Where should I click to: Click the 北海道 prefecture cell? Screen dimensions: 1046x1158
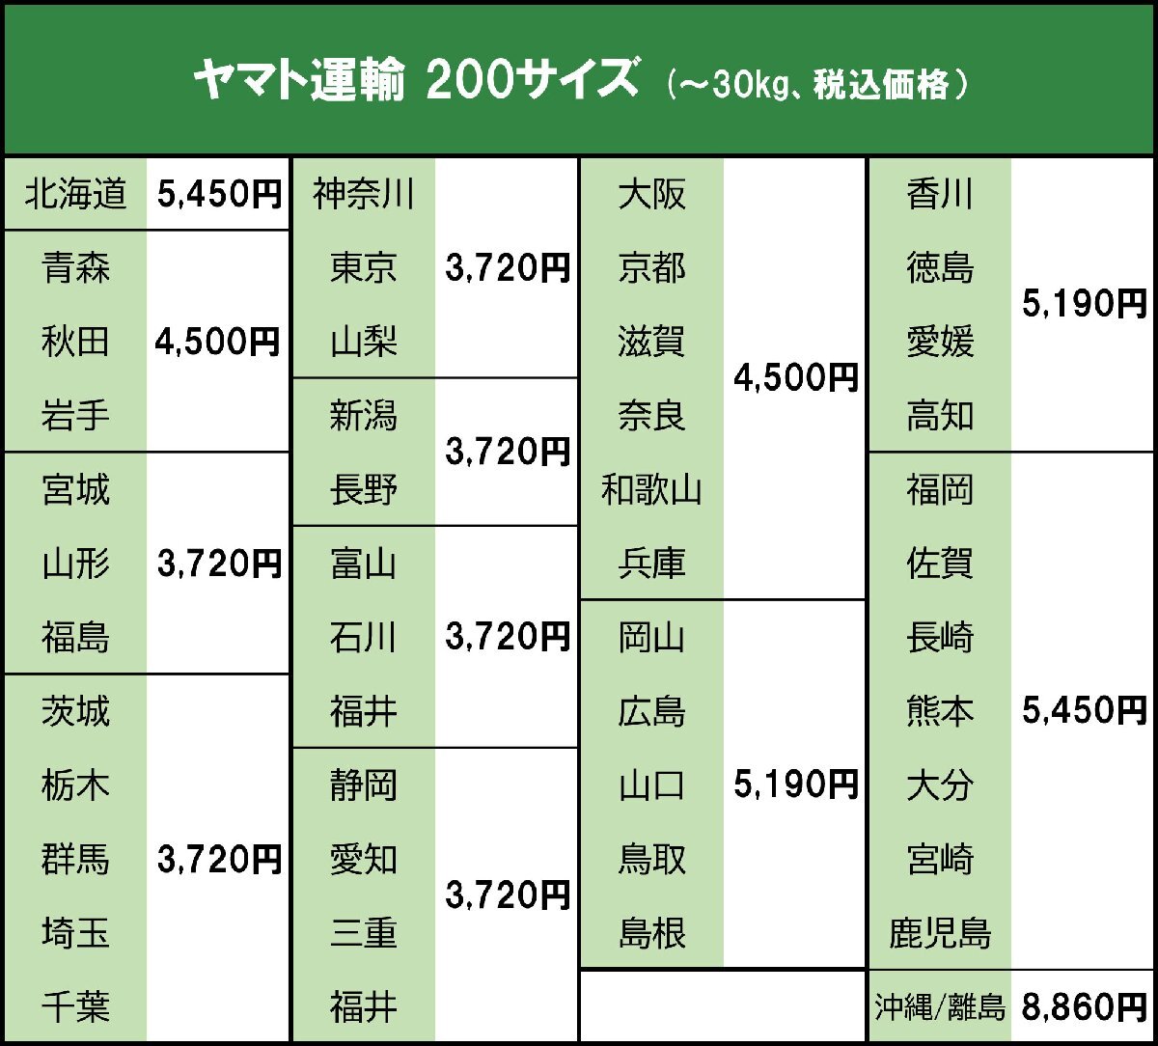[75, 195]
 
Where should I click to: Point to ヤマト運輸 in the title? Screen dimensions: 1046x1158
[298, 83]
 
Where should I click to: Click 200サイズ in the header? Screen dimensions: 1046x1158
[531, 83]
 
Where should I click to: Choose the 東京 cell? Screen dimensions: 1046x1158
[364, 268]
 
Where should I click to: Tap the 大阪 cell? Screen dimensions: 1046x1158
[652, 195]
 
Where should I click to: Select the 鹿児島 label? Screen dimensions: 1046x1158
[940, 933]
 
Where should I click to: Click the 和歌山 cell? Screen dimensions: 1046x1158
[652, 490]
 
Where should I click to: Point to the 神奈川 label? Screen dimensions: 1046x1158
[364, 195]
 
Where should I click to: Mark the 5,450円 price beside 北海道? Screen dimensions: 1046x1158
[218, 195]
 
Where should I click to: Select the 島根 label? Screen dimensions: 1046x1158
[652, 933]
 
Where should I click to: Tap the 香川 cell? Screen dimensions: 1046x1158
[940, 195]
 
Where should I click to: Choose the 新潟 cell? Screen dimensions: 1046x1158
[364, 416]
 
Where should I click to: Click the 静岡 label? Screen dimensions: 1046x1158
[364, 785]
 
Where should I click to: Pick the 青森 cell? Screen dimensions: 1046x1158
[75, 268]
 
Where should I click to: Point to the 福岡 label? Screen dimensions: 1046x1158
[940, 490]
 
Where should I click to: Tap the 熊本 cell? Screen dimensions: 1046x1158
[940, 711]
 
